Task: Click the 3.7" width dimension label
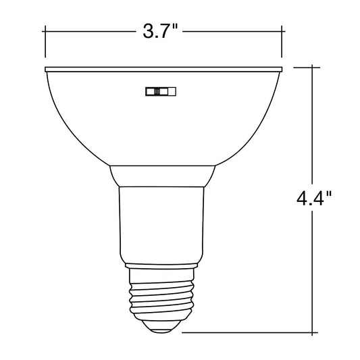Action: pos(160,31)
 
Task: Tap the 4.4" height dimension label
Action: pos(314,198)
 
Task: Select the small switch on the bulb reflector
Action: pos(161,91)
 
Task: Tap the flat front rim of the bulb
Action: pos(163,70)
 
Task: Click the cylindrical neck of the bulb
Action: pos(161,225)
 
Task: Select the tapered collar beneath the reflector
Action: pos(162,176)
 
